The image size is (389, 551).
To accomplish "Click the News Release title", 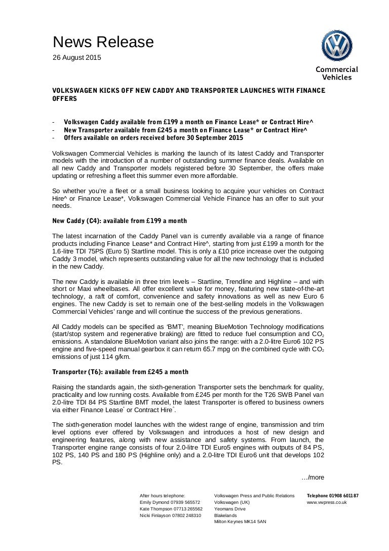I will pyautogui.click(x=103, y=42).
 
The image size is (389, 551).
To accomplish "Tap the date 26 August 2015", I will pyautogui.click(x=77, y=57).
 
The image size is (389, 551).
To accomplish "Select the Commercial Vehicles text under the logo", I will pyautogui.click(x=337, y=74).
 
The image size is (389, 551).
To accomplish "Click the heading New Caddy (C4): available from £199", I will pyautogui.click(x=120, y=221).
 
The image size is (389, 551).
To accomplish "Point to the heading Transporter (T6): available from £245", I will pyautogui.click(x=121, y=372).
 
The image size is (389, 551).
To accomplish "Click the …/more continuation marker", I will pyautogui.click(x=313, y=477).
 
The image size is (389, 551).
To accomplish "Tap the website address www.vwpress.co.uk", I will pyautogui.click(x=327, y=502).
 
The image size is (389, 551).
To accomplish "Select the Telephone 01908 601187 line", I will pyautogui.click(x=333, y=495).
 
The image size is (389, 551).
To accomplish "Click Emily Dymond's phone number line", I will pyautogui.click(x=170, y=502).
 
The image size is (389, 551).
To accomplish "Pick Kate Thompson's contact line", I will pyautogui.click(x=171, y=508).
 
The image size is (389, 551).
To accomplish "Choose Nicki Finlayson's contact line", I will pyautogui.click(x=170, y=515).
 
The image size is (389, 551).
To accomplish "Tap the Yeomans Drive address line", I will pyautogui.click(x=230, y=508).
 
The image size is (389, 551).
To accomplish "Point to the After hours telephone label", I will pyautogui.click(x=162, y=495).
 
